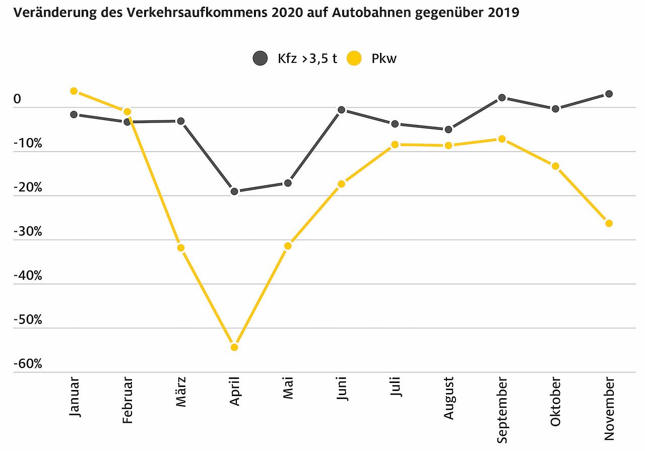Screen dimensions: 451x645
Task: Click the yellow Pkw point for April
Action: [x=234, y=347]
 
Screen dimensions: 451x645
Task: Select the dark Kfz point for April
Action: [x=234, y=191]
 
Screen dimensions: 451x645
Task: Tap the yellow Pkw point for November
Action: [x=609, y=223]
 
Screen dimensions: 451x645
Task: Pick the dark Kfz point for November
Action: [x=609, y=94]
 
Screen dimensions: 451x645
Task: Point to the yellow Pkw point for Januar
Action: [x=74, y=91]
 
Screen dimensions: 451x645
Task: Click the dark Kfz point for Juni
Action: [x=341, y=110]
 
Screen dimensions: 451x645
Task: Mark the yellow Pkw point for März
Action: [x=181, y=248]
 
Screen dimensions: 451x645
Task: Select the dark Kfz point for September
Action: [x=502, y=98]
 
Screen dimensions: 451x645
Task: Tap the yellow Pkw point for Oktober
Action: [x=555, y=166]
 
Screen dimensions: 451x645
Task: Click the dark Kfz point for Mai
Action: [x=288, y=183]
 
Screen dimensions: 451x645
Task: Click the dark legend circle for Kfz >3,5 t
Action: [x=260, y=58]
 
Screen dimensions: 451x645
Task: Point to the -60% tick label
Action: [x=28, y=364]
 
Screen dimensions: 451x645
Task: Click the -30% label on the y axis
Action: [x=28, y=232]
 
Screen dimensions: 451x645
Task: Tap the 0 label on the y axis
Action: [x=18, y=100]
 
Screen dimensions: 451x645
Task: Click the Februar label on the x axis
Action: [x=127, y=401]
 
